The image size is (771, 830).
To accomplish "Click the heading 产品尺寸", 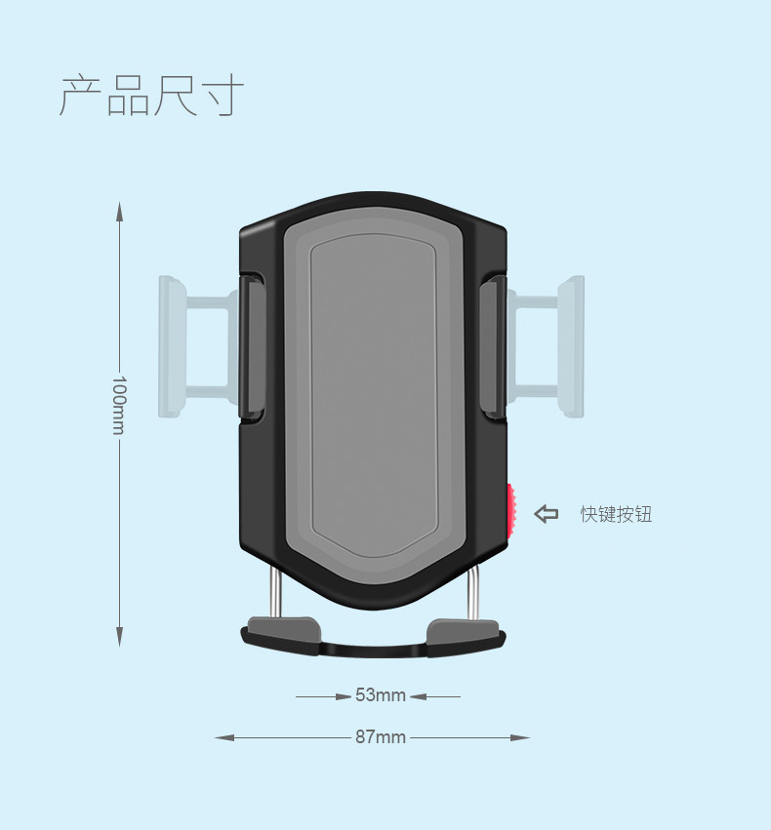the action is point(151,96).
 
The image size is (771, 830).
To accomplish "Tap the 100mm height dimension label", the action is point(119,405).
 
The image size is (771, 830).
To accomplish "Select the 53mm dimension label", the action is point(381,694).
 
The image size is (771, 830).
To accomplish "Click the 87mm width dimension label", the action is point(381,736).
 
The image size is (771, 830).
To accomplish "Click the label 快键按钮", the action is point(616,514).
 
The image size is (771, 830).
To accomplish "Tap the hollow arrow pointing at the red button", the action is point(546,513).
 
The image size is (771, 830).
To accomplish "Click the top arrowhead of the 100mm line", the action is point(120,211).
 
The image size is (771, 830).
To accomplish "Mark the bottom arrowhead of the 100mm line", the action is point(120,637).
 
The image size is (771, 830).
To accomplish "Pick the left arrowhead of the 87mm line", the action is point(224,737).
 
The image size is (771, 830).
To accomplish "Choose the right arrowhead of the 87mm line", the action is point(520,737).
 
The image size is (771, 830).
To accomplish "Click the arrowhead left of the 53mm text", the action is point(344,696).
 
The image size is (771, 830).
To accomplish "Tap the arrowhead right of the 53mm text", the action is point(418,696).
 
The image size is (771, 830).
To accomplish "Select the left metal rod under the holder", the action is point(275,591).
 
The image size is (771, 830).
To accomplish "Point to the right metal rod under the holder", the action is point(473,591).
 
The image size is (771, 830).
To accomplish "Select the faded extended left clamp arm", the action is point(198,346).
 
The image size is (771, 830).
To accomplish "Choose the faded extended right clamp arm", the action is point(546,346).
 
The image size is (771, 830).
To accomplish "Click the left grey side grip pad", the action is point(254,346).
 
